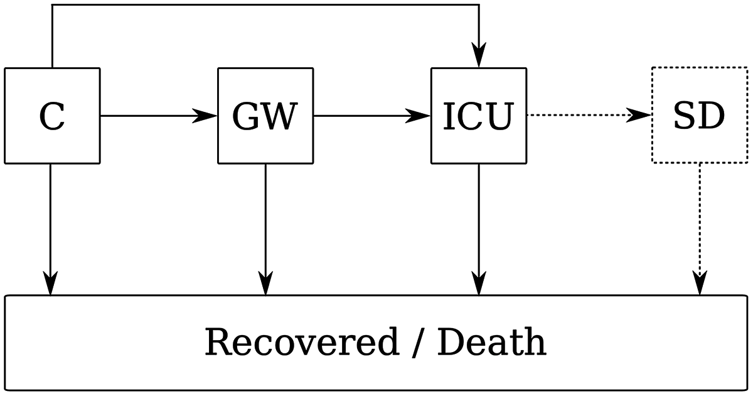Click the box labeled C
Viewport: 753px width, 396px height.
(x=52, y=116)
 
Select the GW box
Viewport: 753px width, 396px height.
(x=265, y=116)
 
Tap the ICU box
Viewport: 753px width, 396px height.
(x=478, y=116)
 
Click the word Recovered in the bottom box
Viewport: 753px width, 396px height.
(x=301, y=343)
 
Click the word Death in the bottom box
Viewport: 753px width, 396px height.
(x=491, y=343)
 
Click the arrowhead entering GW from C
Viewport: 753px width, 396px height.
(x=205, y=116)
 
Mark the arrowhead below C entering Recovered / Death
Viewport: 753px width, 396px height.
(x=50, y=283)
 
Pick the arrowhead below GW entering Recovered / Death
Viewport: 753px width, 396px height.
(x=265, y=283)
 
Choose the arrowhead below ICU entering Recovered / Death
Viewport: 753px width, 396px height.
(x=479, y=283)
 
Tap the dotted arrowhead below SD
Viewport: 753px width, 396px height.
(x=700, y=283)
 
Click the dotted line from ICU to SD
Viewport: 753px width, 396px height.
(x=577, y=116)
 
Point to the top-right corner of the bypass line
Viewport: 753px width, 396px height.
(x=479, y=6)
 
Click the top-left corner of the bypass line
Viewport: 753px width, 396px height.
(x=52, y=6)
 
